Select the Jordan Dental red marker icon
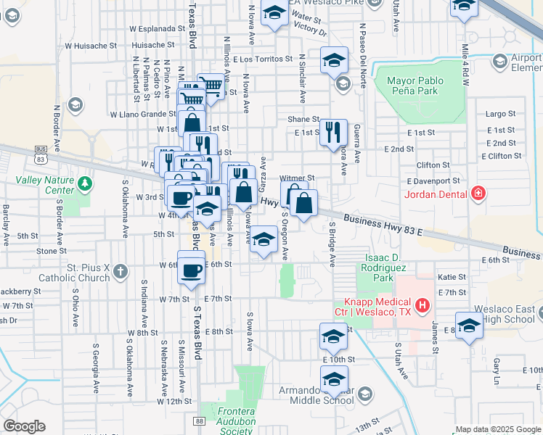(x=478, y=193)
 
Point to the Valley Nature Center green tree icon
(x=86, y=183)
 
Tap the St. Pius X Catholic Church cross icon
(x=121, y=273)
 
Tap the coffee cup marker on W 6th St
(x=191, y=270)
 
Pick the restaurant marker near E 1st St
(x=333, y=133)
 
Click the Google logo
(x=24, y=426)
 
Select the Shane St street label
(x=303, y=119)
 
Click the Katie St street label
(x=452, y=277)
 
